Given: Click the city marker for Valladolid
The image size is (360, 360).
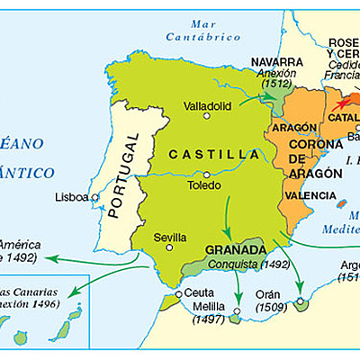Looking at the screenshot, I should tap(206, 115).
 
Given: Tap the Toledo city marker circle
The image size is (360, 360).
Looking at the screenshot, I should tap(207, 175).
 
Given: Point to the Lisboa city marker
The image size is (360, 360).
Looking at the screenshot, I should tap(94, 197).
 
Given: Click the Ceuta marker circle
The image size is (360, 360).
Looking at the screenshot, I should tap(179, 293).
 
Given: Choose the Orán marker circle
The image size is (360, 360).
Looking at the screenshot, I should tap(299, 298).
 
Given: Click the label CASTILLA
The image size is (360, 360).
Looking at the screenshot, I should tap(210, 155).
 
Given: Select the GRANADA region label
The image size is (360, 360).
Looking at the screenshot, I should tap(235, 249).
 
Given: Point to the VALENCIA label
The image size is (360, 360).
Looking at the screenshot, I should tap(305, 194).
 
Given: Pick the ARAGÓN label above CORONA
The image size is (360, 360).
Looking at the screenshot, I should tap(286, 129).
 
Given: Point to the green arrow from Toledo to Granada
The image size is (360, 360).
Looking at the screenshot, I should tap(228, 214).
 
